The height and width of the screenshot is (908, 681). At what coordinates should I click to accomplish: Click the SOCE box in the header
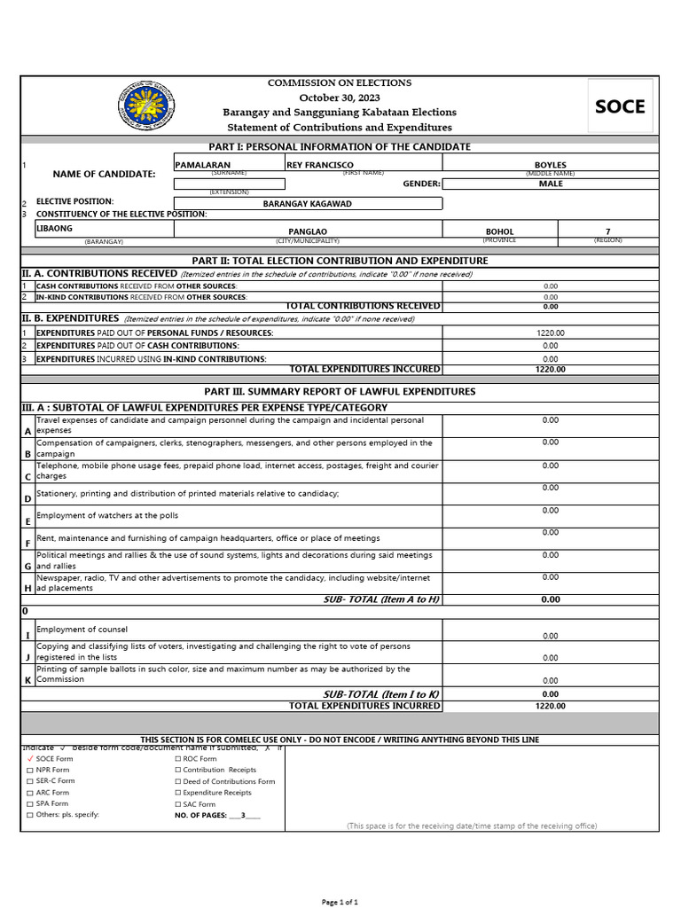[x=620, y=107]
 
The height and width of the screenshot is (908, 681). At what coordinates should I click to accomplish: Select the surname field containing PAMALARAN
[x=203, y=165]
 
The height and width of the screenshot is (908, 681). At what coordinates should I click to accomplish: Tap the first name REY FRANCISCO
[x=320, y=165]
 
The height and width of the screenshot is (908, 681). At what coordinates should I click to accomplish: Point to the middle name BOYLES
[x=550, y=165]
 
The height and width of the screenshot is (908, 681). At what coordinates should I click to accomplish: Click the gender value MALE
[x=550, y=184]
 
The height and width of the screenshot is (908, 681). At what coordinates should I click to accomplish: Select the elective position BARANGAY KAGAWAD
[x=307, y=204]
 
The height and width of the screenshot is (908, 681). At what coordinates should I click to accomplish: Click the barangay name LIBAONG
[x=55, y=228]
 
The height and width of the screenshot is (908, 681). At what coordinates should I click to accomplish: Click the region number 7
[x=607, y=231]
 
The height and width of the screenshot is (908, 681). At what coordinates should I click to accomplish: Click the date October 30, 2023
[x=340, y=98]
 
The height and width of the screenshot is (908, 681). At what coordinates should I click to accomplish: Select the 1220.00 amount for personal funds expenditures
[x=550, y=333]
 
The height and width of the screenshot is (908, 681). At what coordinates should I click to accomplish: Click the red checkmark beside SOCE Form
[x=30, y=759]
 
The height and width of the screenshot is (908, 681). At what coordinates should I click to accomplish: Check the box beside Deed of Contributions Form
[x=178, y=782]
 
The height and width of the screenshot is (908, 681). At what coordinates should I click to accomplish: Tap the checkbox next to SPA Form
[x=30, y=804]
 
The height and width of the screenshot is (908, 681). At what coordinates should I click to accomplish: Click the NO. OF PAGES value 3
[x=243, y=815]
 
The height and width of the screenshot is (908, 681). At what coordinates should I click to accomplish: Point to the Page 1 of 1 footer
[x=340, y=901]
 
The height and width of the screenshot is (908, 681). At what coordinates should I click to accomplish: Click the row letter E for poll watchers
[x=27, y=521]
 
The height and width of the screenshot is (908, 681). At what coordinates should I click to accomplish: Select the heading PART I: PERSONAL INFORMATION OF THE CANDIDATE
[x=340, y=146]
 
